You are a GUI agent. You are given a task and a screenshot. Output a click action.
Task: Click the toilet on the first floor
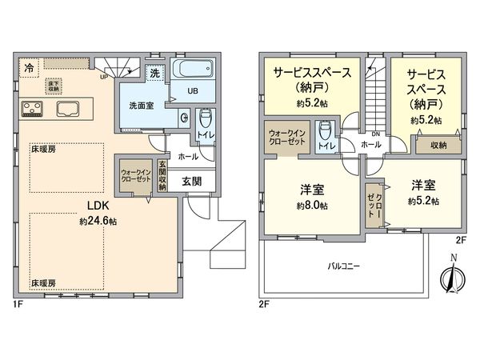[204, 122]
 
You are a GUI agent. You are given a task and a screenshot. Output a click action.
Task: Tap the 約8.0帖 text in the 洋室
[312, 204]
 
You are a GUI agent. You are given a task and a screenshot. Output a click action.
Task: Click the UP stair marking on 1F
[103, 78]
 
